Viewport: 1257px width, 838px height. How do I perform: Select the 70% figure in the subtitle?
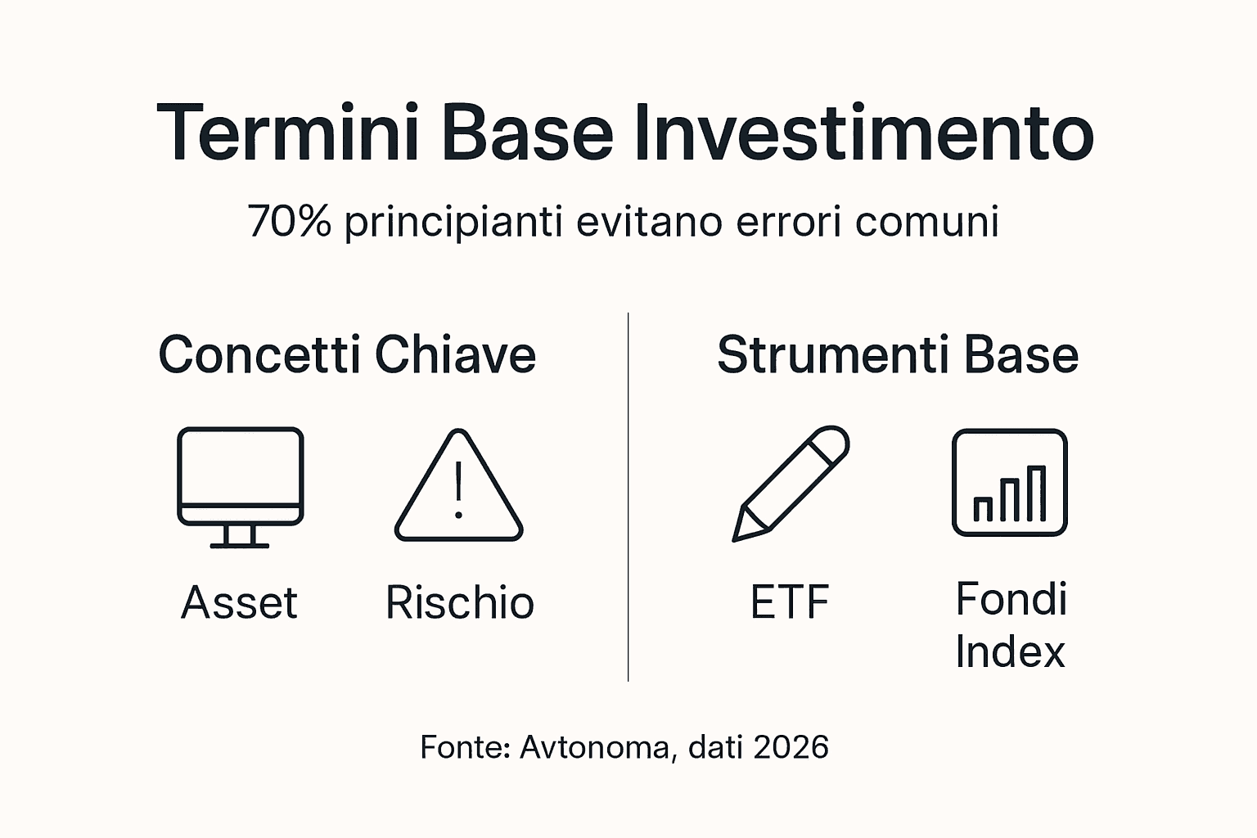click(289, 221)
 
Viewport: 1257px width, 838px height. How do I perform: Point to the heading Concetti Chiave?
click(347, 354)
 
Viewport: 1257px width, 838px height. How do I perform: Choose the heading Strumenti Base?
click(898, 354)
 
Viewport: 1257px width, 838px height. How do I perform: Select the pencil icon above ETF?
click(791, 483)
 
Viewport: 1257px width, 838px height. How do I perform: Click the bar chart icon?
click(1009, 483)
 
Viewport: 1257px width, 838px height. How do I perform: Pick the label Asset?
click(239, 603)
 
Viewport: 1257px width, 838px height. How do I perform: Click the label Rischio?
click(459, 603)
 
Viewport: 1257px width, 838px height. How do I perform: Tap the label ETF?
click(790, 603)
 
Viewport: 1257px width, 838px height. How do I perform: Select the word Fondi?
click(1011, 599)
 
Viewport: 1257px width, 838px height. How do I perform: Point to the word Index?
click(1010, 652)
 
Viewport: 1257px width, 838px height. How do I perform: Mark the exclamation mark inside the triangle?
click(458, 491)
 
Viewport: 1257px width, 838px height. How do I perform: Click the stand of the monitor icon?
click(240, 536)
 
